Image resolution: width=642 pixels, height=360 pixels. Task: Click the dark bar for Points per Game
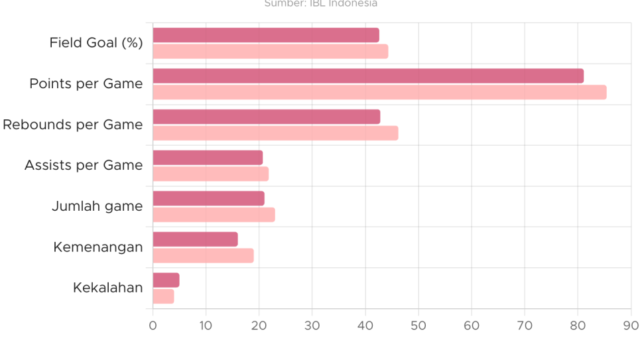coord(368,76)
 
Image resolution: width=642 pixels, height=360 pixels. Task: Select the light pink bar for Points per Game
coord(379,92)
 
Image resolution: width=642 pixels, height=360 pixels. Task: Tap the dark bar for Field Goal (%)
coord(266,35)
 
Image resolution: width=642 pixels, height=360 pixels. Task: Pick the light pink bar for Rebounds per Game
coord(275,133)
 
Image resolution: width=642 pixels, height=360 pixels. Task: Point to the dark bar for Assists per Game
coord(208,158)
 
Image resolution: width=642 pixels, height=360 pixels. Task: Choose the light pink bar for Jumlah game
coord(214,215)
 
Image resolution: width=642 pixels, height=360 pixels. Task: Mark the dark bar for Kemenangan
coord(195,239)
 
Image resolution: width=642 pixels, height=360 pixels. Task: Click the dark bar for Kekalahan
coord(166,280)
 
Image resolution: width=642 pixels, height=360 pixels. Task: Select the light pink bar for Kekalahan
coord(163,296)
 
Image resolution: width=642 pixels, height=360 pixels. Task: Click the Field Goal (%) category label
coord(96,43)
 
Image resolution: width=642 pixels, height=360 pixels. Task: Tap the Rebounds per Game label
coord(73,125)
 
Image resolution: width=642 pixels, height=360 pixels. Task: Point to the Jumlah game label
coord(97,206)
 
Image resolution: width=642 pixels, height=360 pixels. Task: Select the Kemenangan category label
coord(98,247)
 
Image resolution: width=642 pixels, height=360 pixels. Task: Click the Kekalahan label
coord(108,288)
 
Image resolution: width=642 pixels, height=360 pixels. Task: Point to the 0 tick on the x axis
coord(153,326)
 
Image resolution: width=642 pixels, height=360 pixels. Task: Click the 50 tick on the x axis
coord(418,326)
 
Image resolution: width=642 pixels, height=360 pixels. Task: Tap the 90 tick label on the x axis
coord(631,326)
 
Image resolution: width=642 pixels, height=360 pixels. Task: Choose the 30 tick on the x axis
coord(312,326)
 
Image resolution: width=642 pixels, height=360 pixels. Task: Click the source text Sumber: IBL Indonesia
coord(321,3)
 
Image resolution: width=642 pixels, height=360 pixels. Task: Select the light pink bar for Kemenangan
coord(204,256)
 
